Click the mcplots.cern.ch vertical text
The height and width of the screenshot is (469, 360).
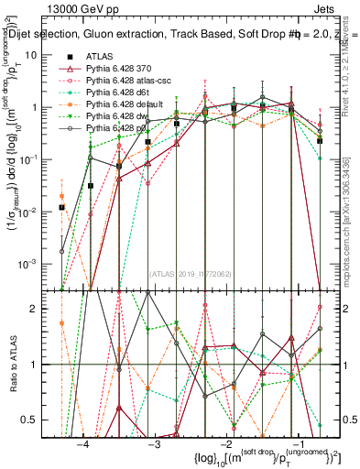point(354,238)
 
